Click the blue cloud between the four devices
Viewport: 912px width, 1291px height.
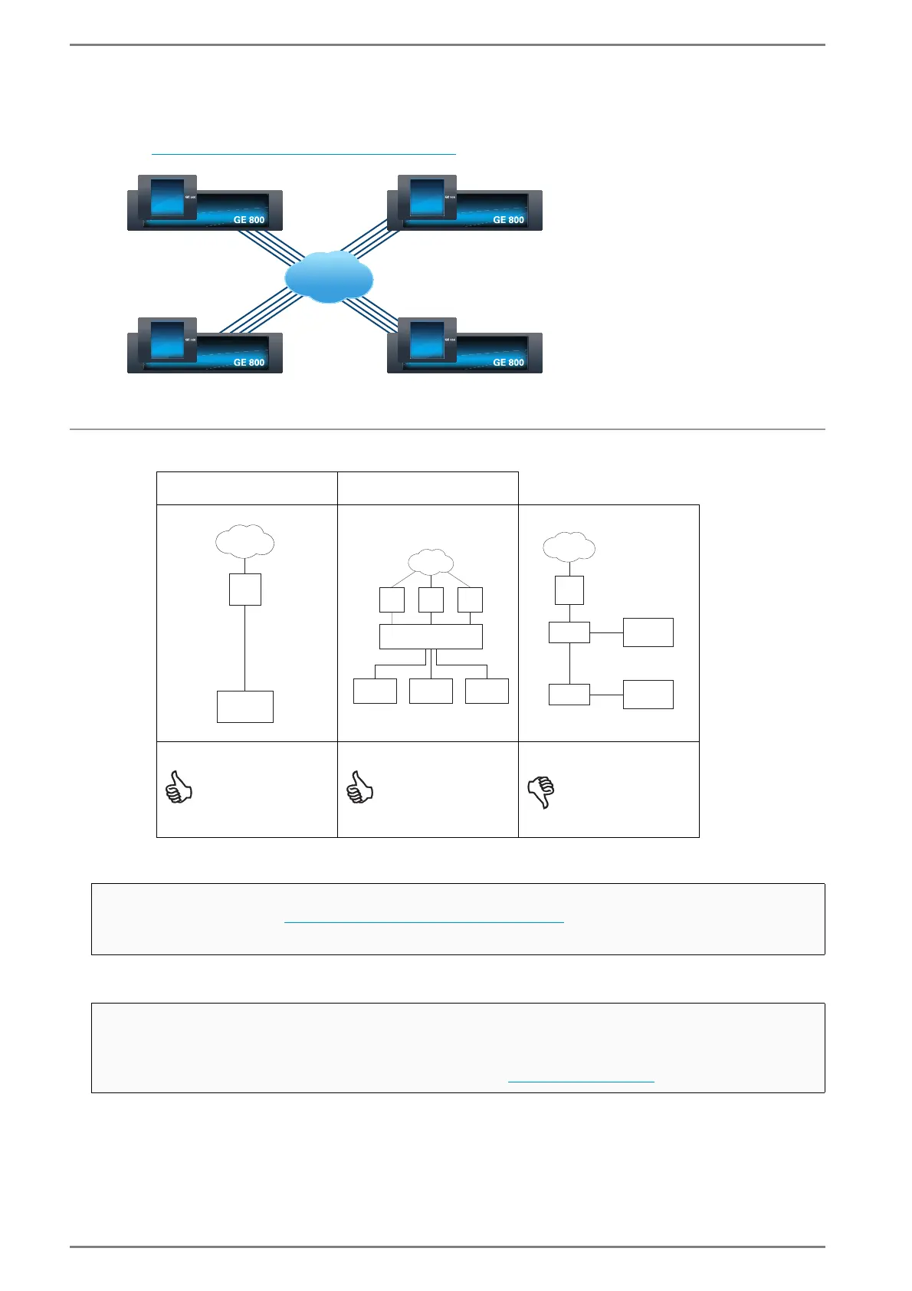[329, 277]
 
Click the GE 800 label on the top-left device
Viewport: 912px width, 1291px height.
[249, 220]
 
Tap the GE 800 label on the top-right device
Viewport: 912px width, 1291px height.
[509, 220]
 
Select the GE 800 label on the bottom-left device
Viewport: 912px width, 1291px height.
[249, 363]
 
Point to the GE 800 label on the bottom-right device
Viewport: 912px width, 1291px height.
[509, 363]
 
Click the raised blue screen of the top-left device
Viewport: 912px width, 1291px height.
[168, 198]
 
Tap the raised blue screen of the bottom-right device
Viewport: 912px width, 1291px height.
[428, 340]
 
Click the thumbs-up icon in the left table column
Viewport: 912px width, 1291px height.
[179, 787]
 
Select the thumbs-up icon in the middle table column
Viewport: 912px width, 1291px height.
[360, 787]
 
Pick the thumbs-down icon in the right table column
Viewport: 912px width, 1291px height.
[541, 792]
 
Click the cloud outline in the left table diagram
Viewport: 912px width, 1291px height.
[245, 541]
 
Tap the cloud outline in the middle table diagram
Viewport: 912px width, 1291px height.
[431, 561]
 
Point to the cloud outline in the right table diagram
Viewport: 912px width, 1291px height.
[569, 547]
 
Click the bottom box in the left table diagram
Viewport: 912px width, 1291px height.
[245, 707]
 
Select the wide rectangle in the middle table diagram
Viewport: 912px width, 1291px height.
[431, 636]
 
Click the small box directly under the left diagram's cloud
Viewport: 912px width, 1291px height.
[245, 590]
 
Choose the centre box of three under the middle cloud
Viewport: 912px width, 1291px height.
[431, 600]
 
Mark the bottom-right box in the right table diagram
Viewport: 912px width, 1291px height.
[648, 695]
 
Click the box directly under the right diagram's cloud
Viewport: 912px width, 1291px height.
[569, 590]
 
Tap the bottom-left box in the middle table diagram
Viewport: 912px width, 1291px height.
[375, 691]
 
